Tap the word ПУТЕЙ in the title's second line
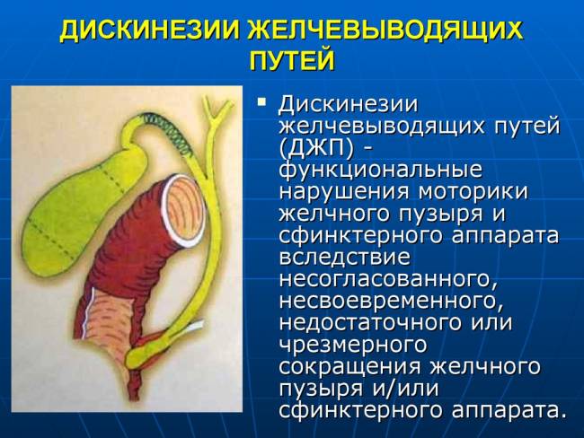(291, 61)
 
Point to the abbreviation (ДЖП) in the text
(314, 147)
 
